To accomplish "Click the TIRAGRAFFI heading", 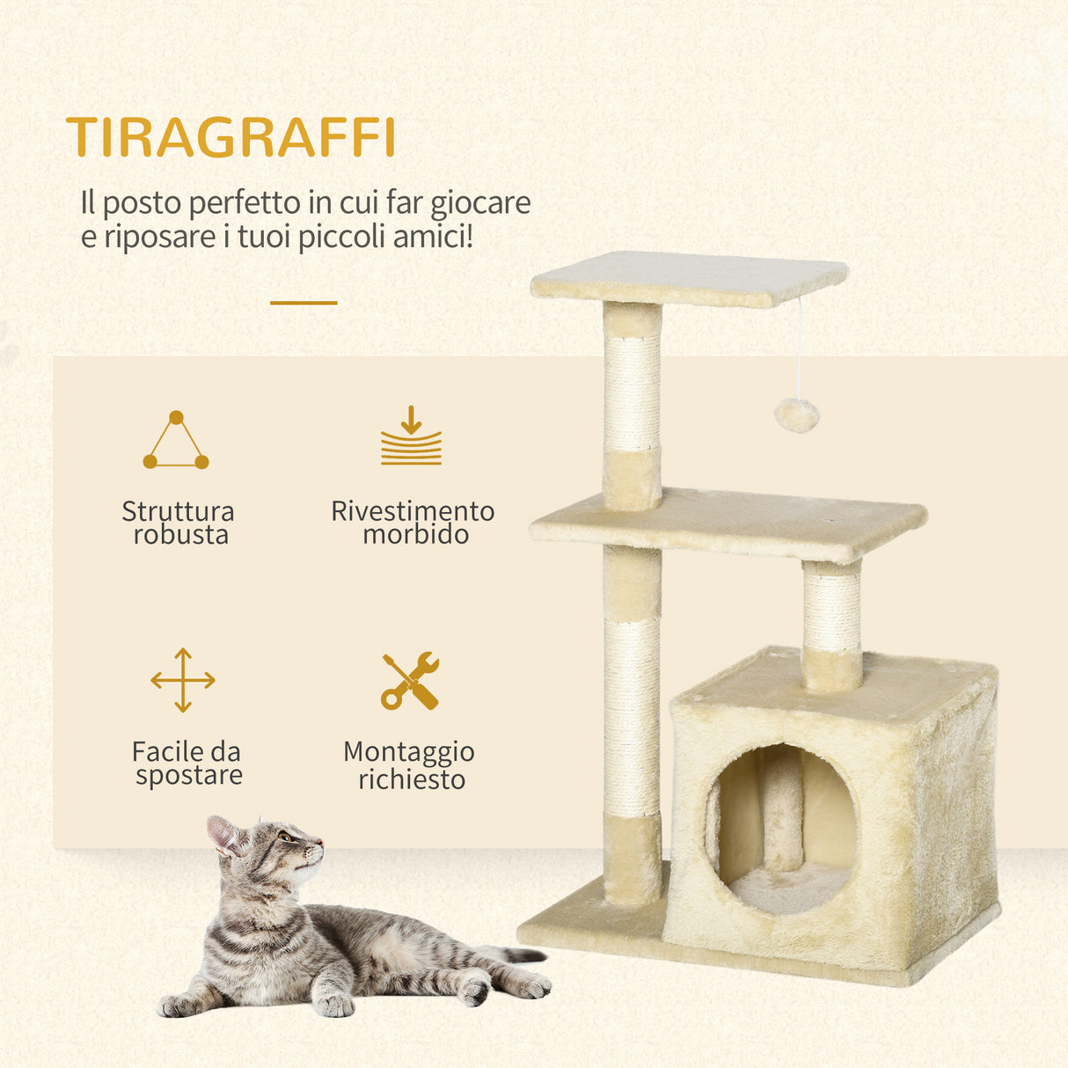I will [230, 137].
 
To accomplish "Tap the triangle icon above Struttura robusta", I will [176, 441].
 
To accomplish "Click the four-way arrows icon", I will [183, 680].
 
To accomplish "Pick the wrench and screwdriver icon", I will [410, 681].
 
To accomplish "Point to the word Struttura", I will [178, 511].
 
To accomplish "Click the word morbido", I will [415, 534].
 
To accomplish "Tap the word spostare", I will [188, 775].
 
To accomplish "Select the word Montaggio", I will [409, 752].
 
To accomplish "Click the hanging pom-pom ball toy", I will [797, 414].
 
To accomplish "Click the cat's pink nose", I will [320, 843].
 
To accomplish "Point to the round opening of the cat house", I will [781, 827].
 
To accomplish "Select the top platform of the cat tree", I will [688, 277].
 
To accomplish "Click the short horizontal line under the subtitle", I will [304, 303].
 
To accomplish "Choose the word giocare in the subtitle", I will [480, 203].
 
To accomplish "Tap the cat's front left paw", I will [334, 1004].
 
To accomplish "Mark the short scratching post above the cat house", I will [831, 625].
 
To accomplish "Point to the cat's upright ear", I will [222, 834].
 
